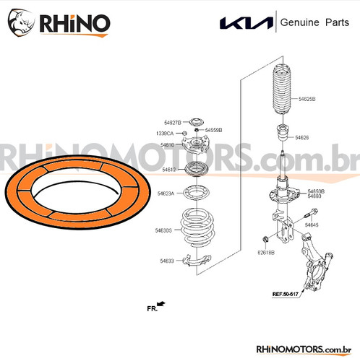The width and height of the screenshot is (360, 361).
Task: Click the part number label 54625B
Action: [x=307, y=97]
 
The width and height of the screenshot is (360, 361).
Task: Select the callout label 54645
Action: [x=312, y=225]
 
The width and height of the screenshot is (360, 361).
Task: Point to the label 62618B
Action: [x=266, y=253]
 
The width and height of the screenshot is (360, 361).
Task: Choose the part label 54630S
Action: [x=164, y=230]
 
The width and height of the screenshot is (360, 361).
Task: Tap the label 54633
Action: [x=168, y=261]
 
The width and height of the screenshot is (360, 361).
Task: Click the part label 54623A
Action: [x=166, y=193]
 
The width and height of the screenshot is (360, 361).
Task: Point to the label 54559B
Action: [x=213, y=130]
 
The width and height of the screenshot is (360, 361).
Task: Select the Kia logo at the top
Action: [x=246, y=25]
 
